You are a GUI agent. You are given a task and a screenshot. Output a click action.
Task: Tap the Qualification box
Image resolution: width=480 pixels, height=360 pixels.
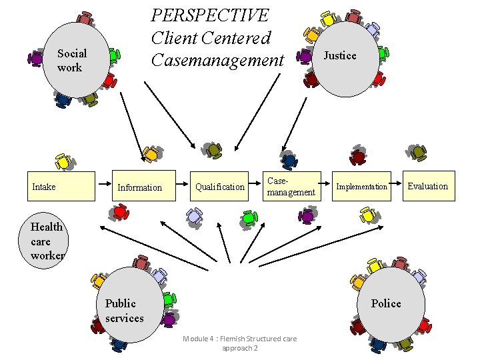pos(219,186)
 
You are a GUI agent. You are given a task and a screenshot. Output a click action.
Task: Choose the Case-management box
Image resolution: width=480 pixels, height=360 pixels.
pos(290,186)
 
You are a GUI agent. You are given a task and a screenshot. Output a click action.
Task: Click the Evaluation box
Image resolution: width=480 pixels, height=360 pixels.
pos(428,186)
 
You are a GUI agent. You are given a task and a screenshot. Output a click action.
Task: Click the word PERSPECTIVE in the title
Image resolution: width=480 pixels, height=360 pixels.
pos(209,15)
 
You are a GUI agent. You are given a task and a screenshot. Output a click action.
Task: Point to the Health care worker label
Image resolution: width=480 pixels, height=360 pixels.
pos(47,241)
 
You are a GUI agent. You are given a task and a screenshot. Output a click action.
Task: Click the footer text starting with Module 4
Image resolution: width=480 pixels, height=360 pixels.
pos(239,343)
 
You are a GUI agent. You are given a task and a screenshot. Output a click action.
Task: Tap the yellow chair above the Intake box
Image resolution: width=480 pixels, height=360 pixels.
pos(63,161)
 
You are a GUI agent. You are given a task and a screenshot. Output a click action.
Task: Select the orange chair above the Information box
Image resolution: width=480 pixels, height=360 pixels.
pos(151,154)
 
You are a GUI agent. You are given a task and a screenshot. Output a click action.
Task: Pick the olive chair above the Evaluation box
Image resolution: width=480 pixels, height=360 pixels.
pos(418,153)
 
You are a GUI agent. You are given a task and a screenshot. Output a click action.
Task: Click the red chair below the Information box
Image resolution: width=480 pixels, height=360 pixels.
pos(120,212)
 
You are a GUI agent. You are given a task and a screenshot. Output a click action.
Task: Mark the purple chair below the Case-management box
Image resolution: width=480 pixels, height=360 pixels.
pos(307,215)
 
